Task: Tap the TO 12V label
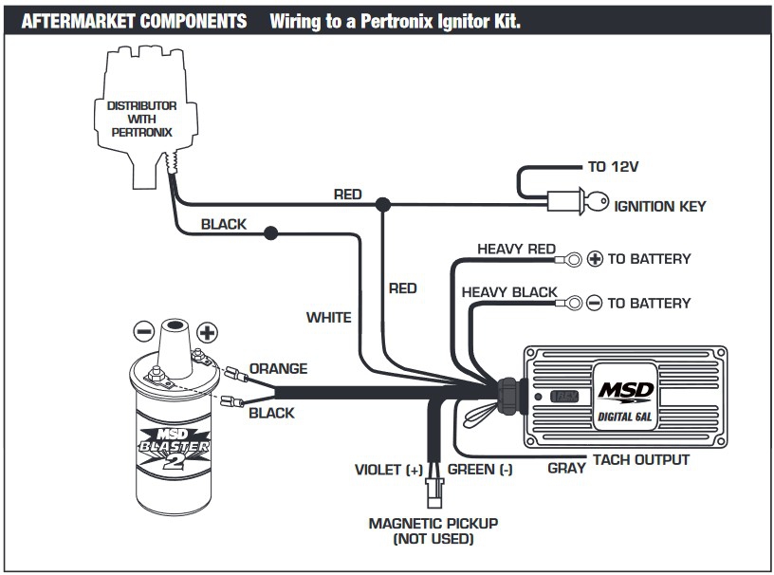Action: pyautogui.click(x=613, y=167)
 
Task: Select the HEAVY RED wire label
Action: pyautogui.click(x=516, y=250)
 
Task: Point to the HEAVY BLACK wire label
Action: pyautogui.click(x=509, y=292)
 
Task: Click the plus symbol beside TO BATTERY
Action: pyautogui.click(x=596, y=258)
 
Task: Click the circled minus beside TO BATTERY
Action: pyautogui.click(x=595, y=303)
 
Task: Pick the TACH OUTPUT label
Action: pyautogui.click(x=641, y=460)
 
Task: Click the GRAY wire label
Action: pyautogui.click(x=566, y=468)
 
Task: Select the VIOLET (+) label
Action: pyautogui.click(x=388, y=470)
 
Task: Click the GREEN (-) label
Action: pyautogui.click(x=480, y=470)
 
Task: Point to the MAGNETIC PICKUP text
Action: pyautogui.click(x=433, y=523)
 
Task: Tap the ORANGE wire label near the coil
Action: pyautogui.click(x=278, y=368)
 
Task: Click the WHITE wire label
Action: pyautogui.click(x=328, y=318)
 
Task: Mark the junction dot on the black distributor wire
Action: pyautogui.click(x=271, y=232)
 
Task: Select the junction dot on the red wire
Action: pyautogui.click(x=383, y=204)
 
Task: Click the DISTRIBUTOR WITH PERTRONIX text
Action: pyautogui.click(x=140, y=119)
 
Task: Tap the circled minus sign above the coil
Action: pyautogui.click(x=144, y=331)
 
